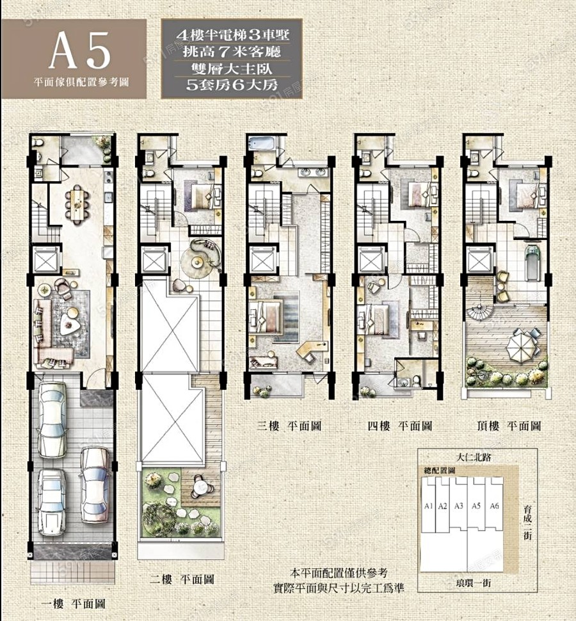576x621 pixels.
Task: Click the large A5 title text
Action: point(80,51)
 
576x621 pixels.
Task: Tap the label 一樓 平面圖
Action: point(74,604)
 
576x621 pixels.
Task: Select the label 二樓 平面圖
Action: point(182,579)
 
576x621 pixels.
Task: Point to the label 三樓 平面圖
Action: point(289,426)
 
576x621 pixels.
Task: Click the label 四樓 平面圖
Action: point(399,426)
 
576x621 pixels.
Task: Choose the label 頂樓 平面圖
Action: point(509,426)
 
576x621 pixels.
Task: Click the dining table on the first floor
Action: point(77,202)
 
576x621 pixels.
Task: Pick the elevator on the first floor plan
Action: point(46,260)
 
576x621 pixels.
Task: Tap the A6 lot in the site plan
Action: point(494,506)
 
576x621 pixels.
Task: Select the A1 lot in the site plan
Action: point(428,505)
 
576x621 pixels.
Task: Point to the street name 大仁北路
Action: point(474,457)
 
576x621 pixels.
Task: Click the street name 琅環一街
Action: point(474,583)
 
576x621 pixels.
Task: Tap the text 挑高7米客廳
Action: point(232,51)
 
